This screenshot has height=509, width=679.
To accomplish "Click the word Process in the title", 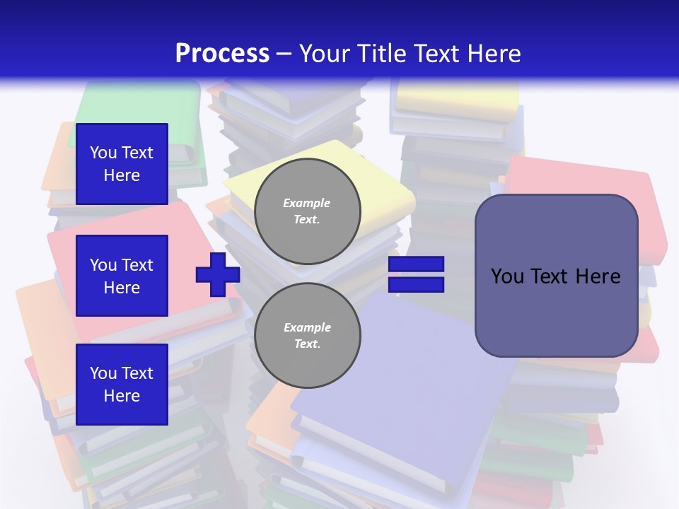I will coord(222,54).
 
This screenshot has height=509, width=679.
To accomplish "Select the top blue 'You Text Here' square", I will coord(122,164).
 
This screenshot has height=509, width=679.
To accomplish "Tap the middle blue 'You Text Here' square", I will coord(122,276).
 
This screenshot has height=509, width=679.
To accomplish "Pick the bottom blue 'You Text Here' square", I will coord(122,385).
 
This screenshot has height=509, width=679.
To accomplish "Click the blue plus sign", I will coord(218,274).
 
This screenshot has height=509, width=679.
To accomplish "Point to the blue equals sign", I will coord(416,274).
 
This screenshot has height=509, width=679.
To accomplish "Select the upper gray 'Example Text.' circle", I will coord(307,211).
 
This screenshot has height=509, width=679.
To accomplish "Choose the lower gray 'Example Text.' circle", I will coord(307,336).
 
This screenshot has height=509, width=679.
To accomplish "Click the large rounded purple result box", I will coord(556,311).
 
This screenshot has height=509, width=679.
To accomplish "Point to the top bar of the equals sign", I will coord(416,264).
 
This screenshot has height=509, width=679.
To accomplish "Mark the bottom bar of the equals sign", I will coord(416,285).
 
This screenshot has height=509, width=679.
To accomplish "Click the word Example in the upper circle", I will coord(307,203).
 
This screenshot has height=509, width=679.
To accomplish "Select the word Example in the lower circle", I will coord(307,327).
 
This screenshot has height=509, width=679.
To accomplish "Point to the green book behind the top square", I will coord(141,106).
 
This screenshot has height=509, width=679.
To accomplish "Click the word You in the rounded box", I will coord(507,276).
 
